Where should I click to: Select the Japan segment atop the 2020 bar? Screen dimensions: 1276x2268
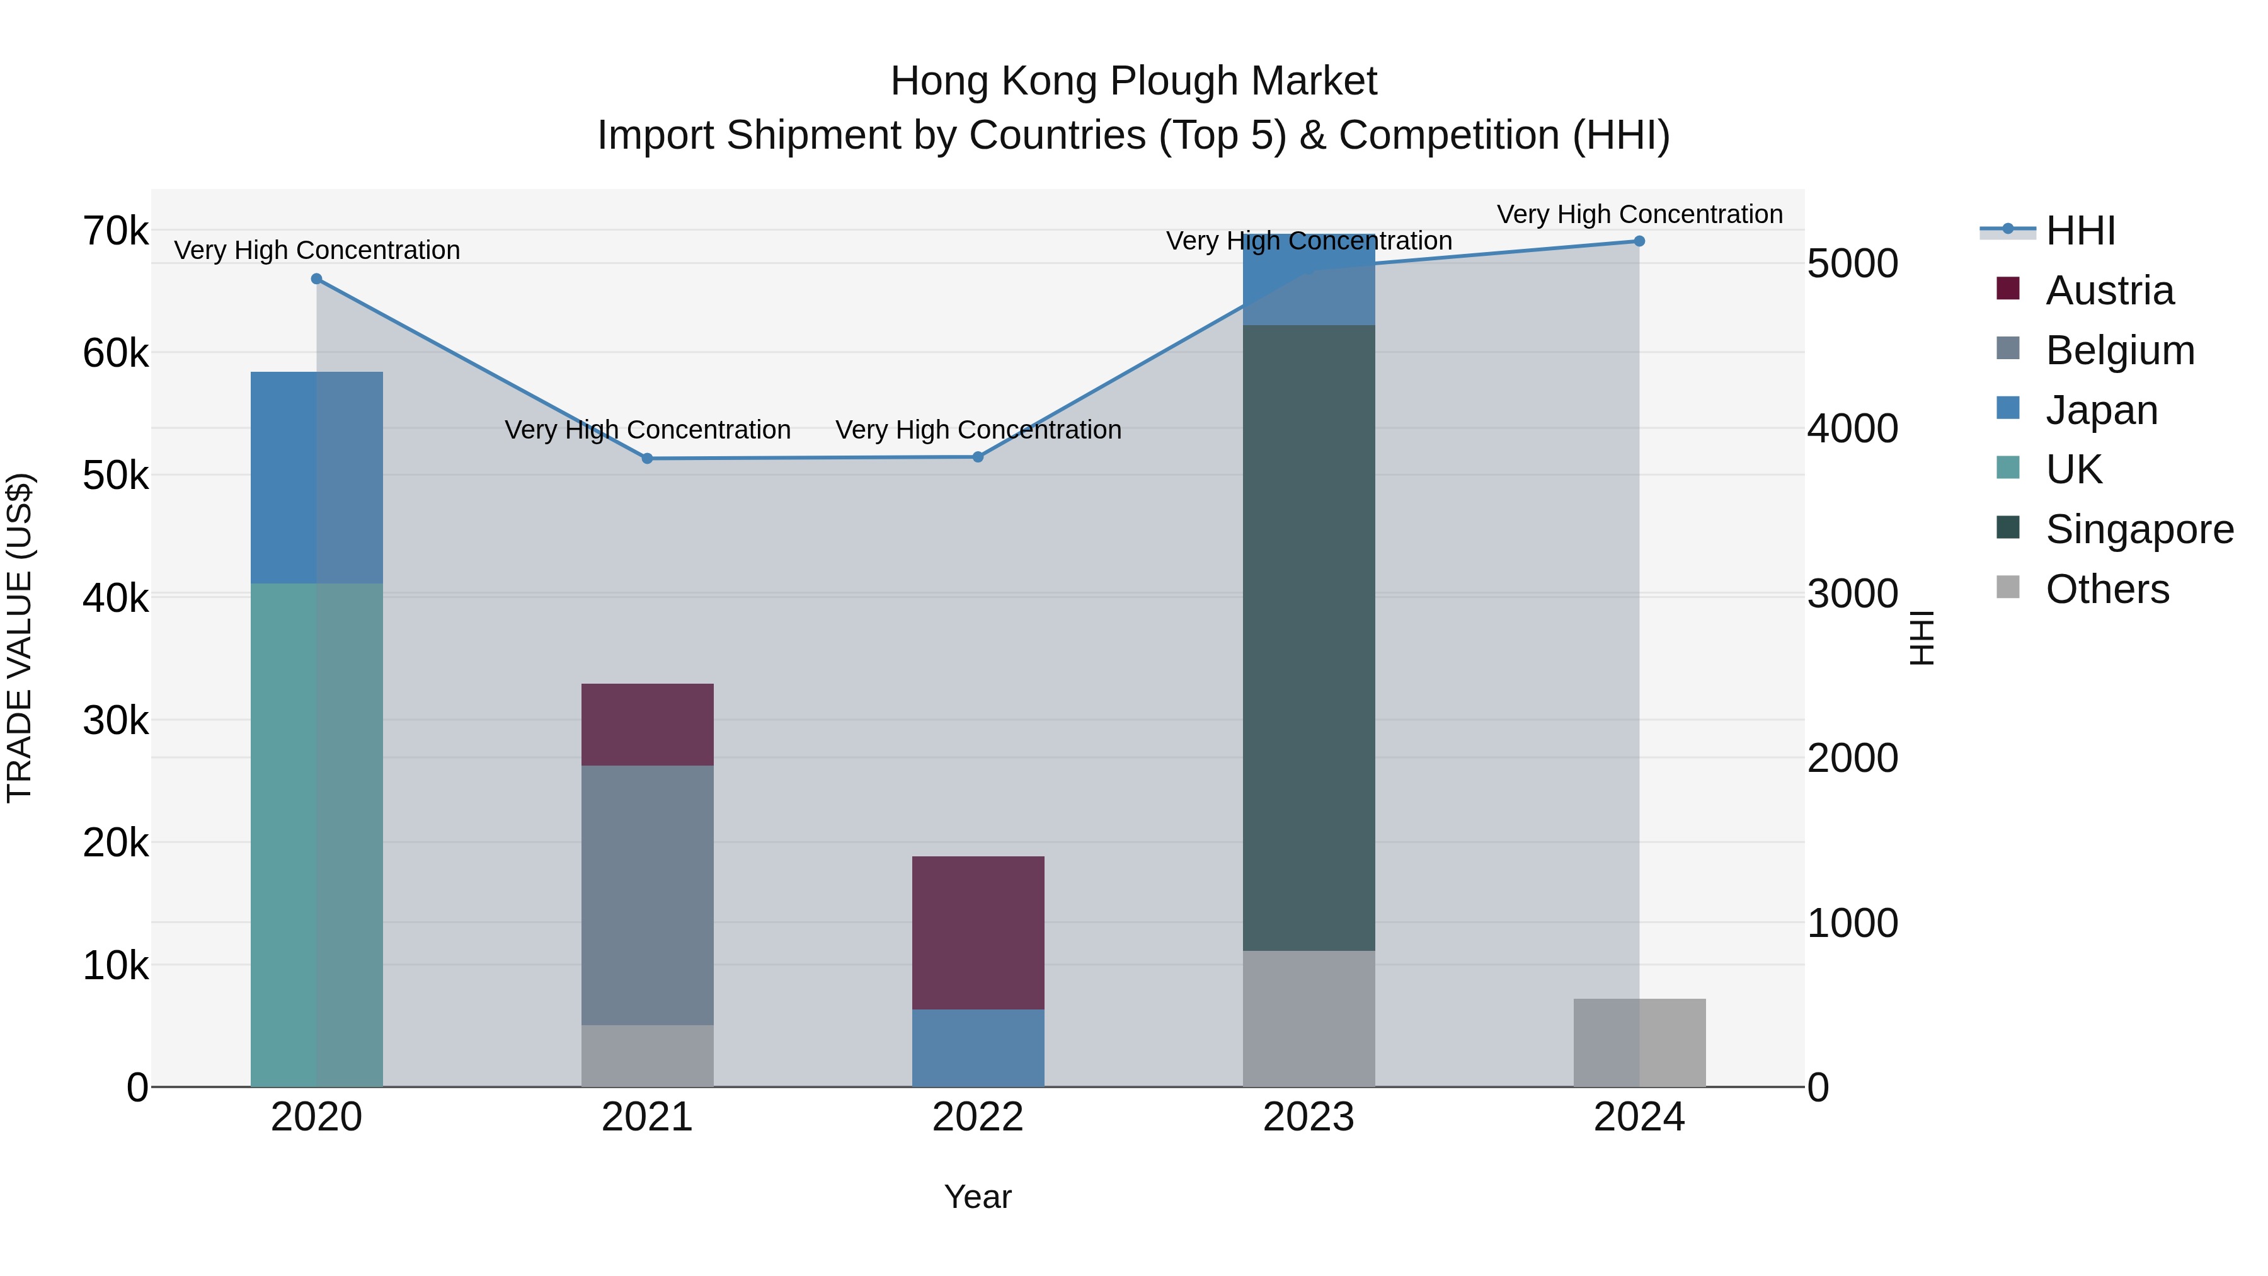click(316, 476)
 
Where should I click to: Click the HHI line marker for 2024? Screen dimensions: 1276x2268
click(1639, 241)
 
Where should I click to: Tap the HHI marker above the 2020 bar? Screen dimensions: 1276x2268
click(317, 279)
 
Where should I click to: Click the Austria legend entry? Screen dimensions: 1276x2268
click(2109, 290)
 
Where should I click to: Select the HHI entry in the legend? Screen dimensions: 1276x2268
click(2079, 230)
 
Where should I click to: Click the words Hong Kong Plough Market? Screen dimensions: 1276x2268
click(1133, 81)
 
